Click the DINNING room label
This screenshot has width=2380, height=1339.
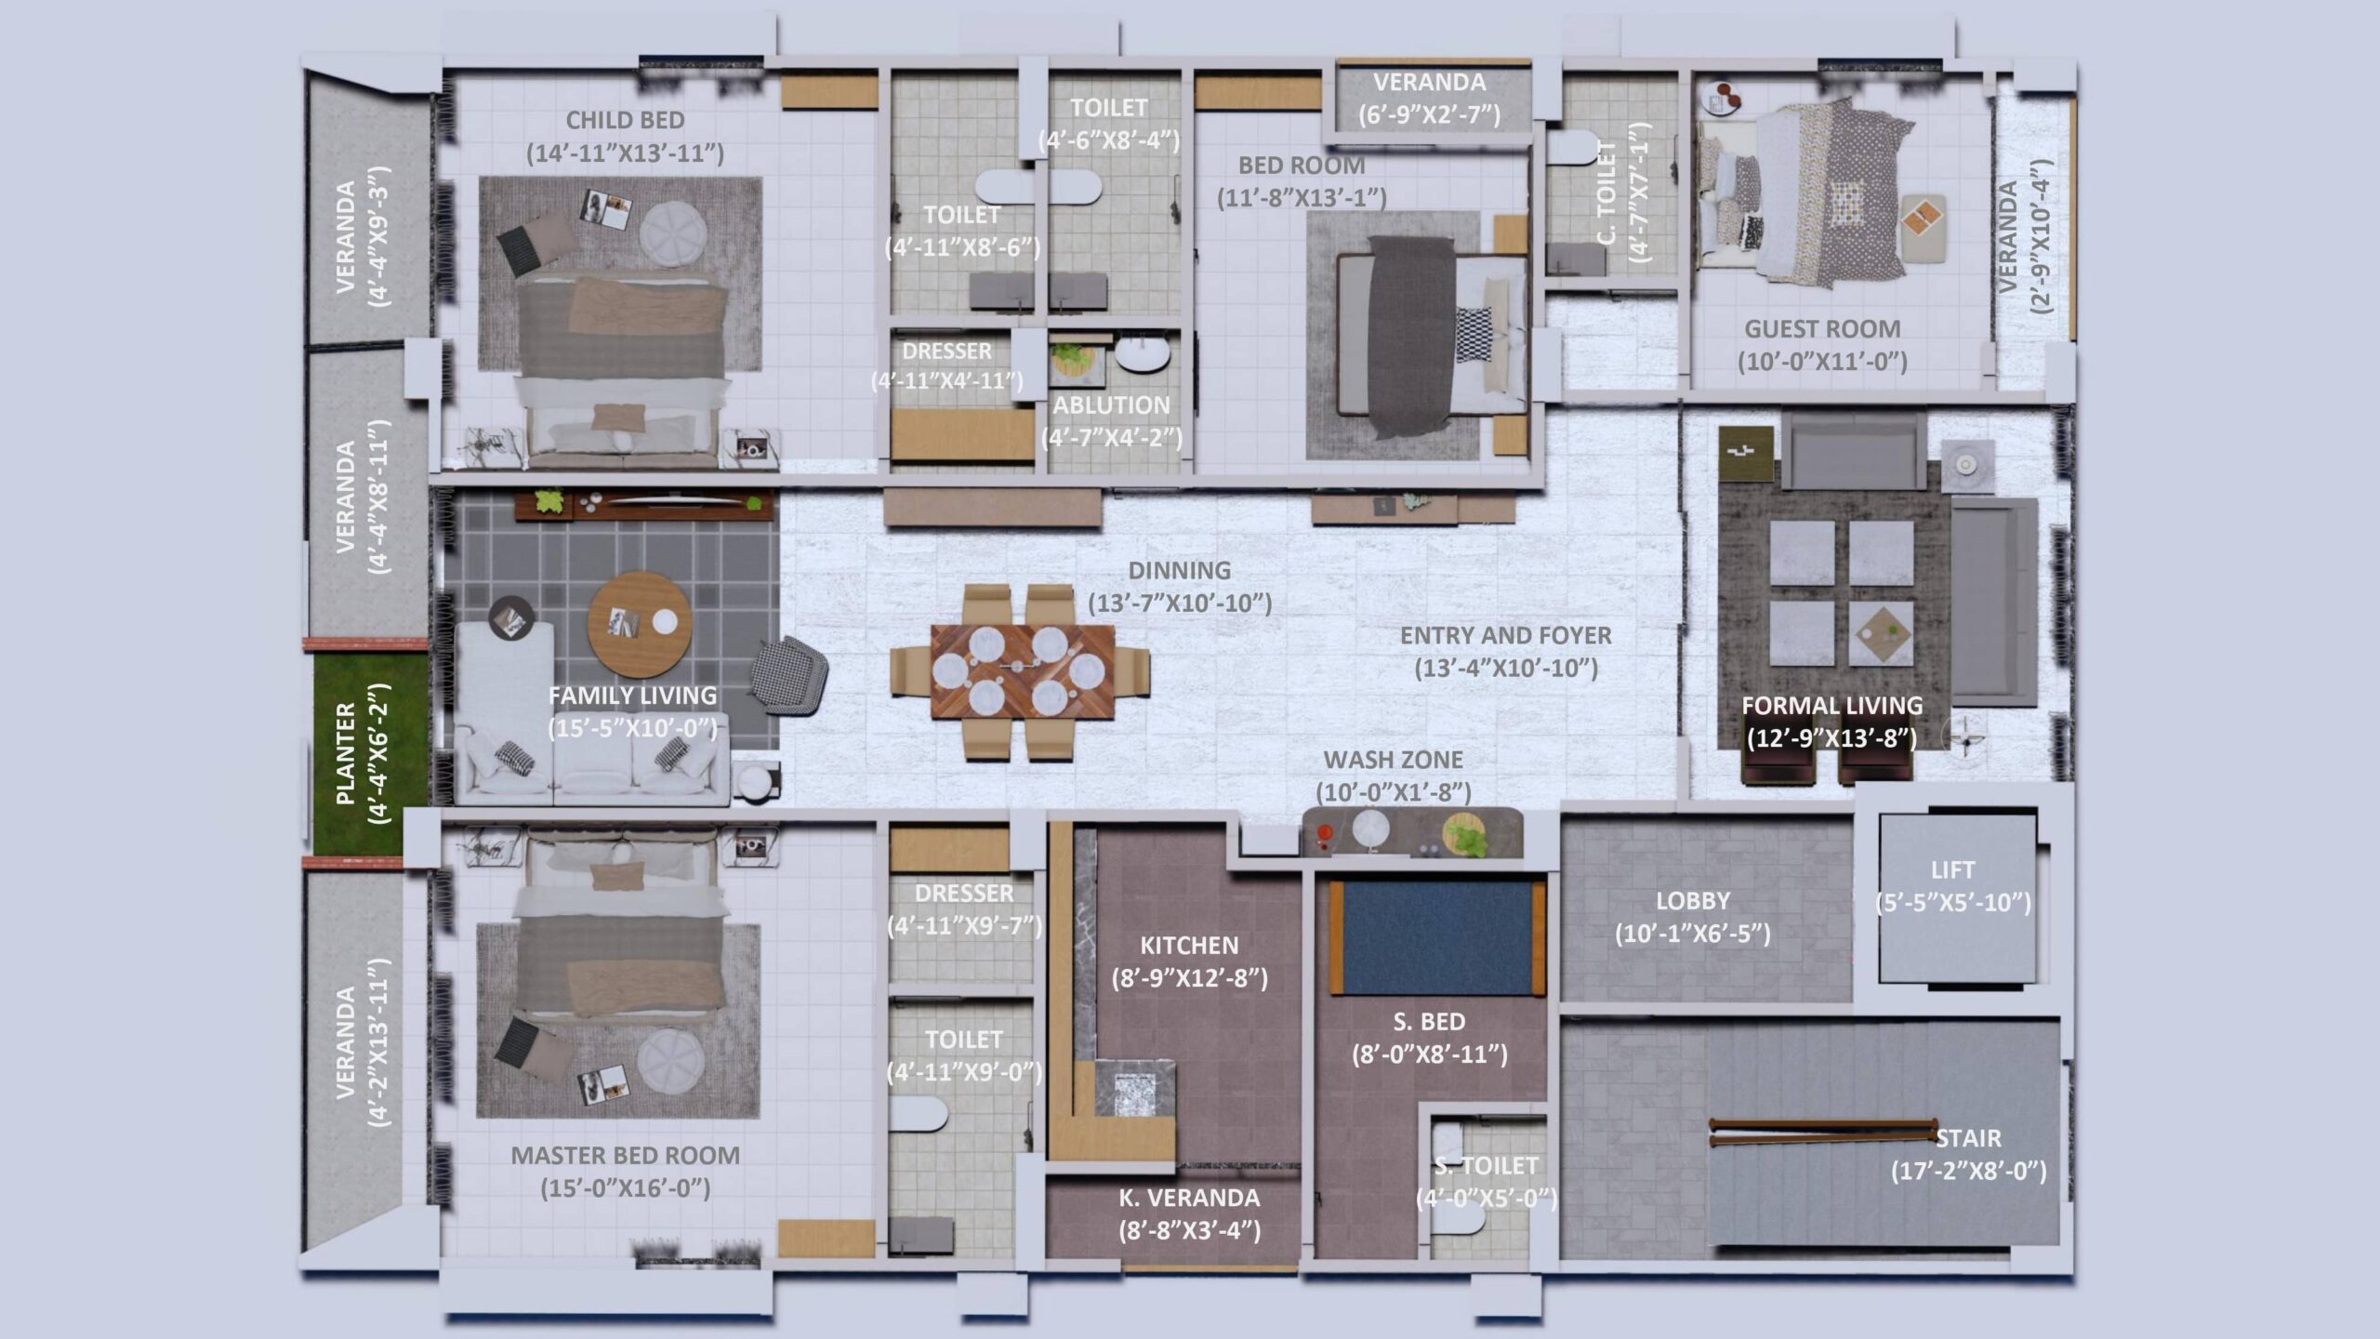click(1179, 570)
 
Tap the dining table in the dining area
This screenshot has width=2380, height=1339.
click(1023, 671)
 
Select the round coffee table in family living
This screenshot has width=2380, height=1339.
click(640, 624)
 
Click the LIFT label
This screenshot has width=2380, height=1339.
click(1951, 870)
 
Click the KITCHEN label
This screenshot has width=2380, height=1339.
click(1189, 946)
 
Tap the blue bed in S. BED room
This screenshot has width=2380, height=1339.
click(1437, 937)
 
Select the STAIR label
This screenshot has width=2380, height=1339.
click(1968, 1138)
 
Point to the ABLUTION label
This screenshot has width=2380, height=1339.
click(1111, 405)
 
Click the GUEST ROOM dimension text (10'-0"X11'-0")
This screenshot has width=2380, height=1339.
click(1822, 362)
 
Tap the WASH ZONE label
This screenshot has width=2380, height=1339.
click(1393, 760)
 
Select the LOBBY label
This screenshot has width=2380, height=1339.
click(1692, 901)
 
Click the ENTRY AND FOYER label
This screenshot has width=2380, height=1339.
click(1505, 636)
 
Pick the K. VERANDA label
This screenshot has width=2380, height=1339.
click(1189, 1198)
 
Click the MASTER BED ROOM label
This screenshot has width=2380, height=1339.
click(625, 1156)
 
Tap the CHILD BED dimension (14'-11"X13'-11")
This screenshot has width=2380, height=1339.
click(625, 153)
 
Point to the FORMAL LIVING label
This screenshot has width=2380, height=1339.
click(1831, 706)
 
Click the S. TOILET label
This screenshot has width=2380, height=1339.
click(1486, 1166)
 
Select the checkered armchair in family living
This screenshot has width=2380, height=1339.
click(788, 676)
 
